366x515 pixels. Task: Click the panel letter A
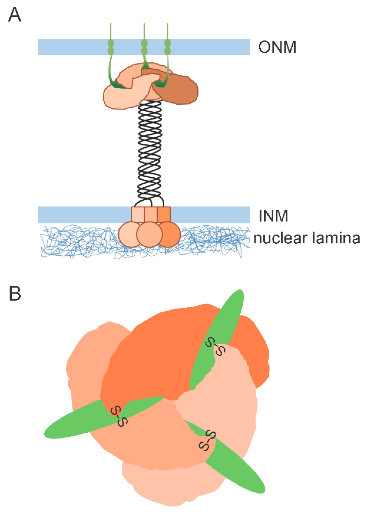pos(15,15)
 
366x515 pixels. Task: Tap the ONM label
pos(277,47)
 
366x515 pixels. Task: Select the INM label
pos(273,216)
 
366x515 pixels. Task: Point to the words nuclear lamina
pos(307,238)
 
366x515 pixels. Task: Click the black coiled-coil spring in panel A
pos(149,151)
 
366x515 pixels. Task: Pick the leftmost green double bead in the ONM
pos(111,47)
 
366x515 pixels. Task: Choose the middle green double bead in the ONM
pos(144,47)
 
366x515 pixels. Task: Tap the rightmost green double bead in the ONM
pos(167,47)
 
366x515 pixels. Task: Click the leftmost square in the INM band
pos(137,214)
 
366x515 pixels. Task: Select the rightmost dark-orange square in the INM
pos(164,214)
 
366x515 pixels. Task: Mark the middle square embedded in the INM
pos(151,214)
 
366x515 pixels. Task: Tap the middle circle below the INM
pos(149,235)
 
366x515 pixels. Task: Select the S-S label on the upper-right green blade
pos(215,346)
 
